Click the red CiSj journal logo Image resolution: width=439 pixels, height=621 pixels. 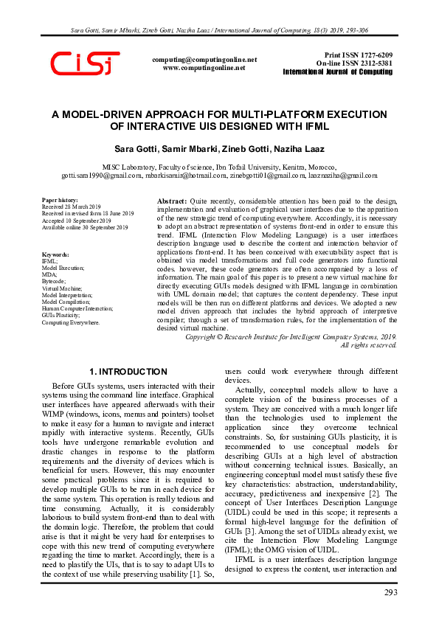point(86,63)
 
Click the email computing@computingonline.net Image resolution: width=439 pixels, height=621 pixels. point(204,59)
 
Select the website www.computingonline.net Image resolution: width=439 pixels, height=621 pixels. point(204,67)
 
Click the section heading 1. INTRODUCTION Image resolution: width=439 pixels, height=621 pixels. point(128,372)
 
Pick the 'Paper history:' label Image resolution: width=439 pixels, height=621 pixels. point(59,200)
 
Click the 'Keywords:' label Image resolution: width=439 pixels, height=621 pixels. point(56,254)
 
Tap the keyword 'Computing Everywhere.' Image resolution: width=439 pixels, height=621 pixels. point(70,322)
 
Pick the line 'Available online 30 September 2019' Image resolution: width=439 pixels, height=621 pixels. point(85,227)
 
